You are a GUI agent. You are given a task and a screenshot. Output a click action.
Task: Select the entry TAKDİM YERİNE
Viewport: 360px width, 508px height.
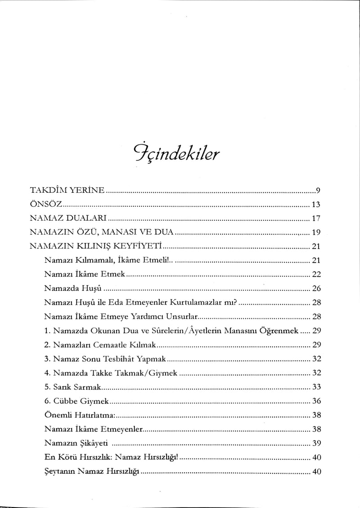67,190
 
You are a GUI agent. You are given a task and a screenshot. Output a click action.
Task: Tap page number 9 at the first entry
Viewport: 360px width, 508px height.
317,190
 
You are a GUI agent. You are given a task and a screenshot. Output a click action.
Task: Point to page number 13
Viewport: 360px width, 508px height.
315,204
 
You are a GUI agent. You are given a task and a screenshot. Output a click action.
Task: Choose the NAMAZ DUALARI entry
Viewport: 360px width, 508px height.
67,218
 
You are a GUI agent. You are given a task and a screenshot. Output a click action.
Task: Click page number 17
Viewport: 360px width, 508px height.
315,218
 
